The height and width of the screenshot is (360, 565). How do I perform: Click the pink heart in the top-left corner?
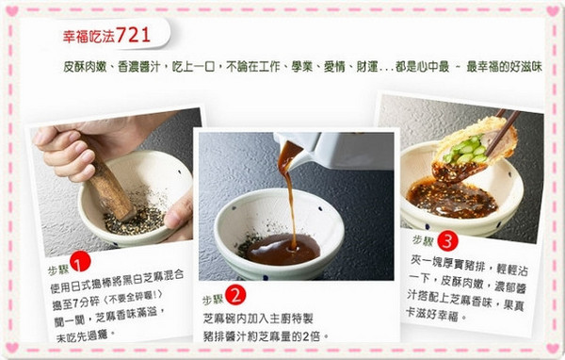tap(12, 11)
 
